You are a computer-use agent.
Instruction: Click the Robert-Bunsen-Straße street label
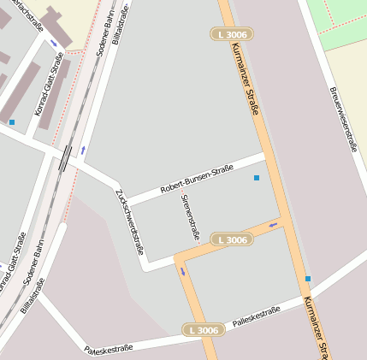tap(197, 178)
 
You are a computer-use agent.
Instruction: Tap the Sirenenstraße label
tap(189, 215)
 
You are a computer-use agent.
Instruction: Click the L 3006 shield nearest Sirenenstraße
tap(232, 240)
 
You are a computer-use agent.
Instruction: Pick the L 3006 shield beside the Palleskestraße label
tap(204, 330)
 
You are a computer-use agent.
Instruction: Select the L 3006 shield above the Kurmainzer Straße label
tap(232, 34)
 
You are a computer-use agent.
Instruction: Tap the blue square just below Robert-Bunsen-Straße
tap(256, 178)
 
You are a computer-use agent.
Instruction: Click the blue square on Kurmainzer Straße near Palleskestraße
tap(308, 279)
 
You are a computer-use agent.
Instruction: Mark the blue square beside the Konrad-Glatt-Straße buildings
tap(12, 122)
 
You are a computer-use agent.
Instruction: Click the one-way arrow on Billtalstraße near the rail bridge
tap(83, 150)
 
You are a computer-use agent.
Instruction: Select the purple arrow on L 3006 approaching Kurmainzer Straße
tap(273, 226)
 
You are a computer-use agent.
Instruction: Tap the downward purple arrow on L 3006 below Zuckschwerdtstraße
tap(182, 272)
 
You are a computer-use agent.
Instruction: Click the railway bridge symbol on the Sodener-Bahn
tap(65, 158)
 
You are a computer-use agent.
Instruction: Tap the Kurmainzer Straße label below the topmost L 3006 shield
tap(247, 89)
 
